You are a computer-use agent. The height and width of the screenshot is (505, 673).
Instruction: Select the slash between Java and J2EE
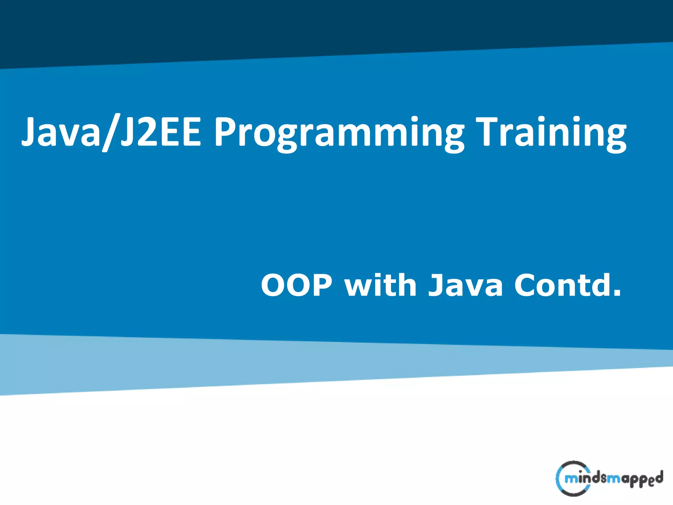point(110,133)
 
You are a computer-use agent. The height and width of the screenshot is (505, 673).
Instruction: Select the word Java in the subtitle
point(465,285)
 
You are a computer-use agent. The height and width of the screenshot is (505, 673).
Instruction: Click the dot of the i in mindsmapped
point(580,471)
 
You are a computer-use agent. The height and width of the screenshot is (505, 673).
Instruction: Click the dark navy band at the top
point(329,26)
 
